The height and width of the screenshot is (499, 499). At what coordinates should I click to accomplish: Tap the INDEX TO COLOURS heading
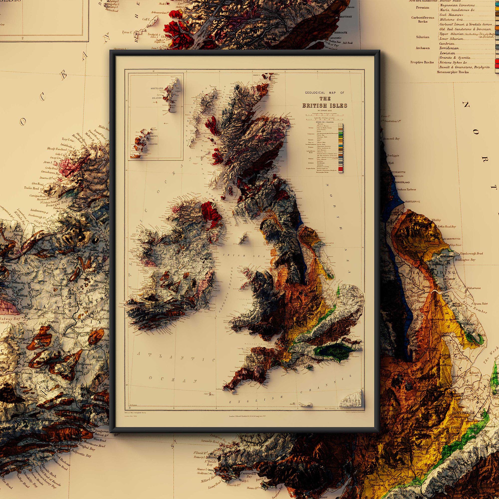[324, 122]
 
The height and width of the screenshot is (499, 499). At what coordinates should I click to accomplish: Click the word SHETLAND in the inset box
[157, 88]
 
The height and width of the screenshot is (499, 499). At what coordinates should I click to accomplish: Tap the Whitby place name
[436, 220]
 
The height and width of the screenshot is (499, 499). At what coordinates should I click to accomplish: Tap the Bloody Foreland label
[57, 149]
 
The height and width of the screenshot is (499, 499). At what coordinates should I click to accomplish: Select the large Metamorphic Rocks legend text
[453, 72]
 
